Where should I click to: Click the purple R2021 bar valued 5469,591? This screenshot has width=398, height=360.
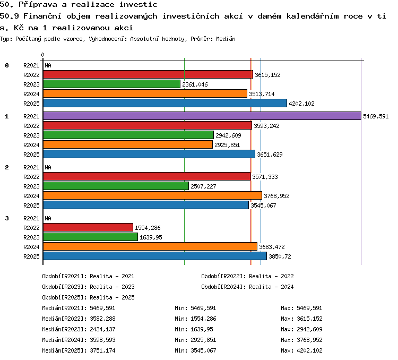202,116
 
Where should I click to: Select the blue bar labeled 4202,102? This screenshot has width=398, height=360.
165,103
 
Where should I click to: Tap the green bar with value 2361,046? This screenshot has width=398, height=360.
111,84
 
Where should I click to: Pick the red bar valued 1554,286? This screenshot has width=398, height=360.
88,227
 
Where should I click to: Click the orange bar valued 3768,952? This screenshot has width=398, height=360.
152,195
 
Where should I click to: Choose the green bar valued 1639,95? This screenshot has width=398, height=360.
90,237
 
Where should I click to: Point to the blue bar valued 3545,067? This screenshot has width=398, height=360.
146,205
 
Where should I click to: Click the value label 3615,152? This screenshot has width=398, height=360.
267,75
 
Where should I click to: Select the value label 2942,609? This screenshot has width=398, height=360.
228,135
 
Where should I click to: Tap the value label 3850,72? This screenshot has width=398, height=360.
280,256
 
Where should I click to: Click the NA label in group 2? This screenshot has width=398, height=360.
48,167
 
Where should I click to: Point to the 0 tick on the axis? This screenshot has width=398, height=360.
42,55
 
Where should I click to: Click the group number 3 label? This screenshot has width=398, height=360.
7,218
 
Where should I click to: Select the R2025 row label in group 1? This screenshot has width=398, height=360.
31,155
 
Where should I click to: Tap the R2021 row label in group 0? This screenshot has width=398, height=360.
31,65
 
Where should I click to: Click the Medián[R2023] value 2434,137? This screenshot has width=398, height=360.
102,329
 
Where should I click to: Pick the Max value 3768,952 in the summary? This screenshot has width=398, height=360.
309,340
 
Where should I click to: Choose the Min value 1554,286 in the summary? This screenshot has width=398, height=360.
203,319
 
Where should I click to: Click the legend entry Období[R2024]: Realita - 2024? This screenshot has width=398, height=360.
247,287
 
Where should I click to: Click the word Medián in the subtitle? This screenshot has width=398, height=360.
226,39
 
